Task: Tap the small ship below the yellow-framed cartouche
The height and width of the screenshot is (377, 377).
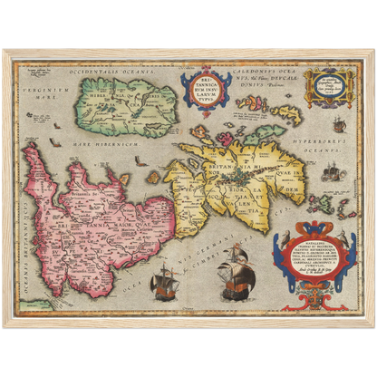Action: pyautogui.click(x=339, y=124)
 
